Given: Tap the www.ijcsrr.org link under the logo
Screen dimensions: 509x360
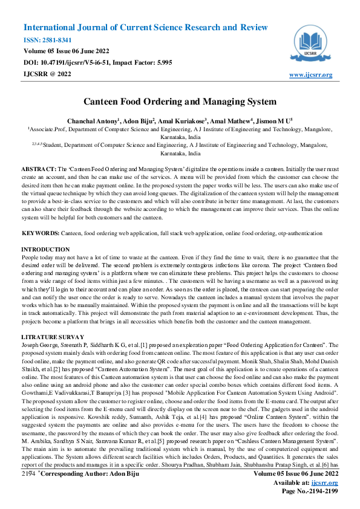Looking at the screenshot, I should (x=311, y=75).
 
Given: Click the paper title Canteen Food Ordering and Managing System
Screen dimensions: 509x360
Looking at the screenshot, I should (x=180, y=103).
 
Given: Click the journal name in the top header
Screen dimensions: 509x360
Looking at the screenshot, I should (x=145, y=27).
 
